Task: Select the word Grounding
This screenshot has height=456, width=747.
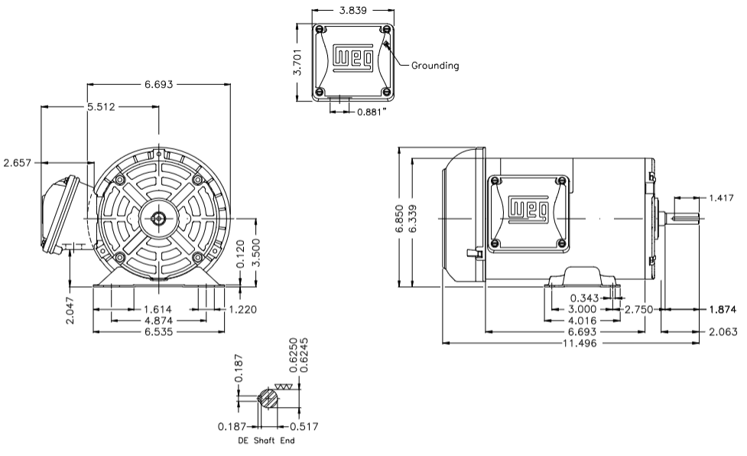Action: click(435, 66)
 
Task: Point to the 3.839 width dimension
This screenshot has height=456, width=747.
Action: click(354, 10)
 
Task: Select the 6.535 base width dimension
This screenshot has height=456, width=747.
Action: click(158, 333)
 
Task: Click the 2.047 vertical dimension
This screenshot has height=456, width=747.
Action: click(70, 310)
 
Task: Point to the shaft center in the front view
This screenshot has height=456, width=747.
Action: click(158, 218)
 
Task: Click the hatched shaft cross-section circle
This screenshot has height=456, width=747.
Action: click(268, 399)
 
